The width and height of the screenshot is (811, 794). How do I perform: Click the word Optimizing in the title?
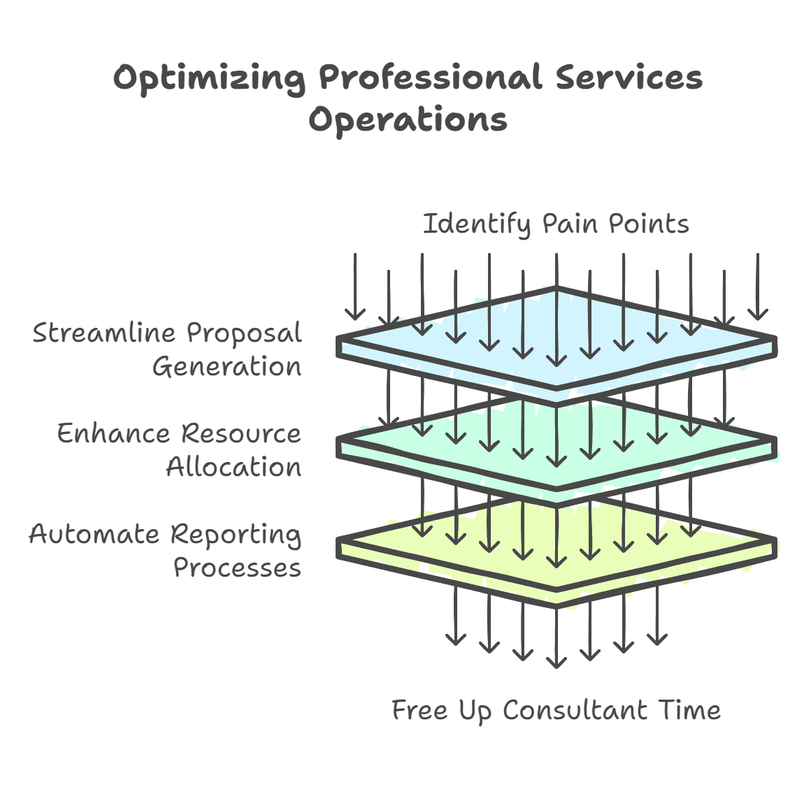click(209, 78)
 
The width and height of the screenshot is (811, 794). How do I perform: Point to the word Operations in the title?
click(408, 120)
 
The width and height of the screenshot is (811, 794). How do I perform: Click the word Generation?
click(227, 366)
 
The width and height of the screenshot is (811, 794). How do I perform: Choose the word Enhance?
click(114, 433)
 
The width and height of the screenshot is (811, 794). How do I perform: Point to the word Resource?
click(241, 433)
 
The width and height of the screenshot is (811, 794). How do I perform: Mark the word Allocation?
click(234, 467)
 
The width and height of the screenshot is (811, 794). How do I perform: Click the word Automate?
click(94, 534)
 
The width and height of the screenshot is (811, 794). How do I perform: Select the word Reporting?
click(236, 535)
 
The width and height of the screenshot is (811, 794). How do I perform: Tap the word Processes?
click(237, 568)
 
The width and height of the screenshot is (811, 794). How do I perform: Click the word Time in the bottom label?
click(689, 710)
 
